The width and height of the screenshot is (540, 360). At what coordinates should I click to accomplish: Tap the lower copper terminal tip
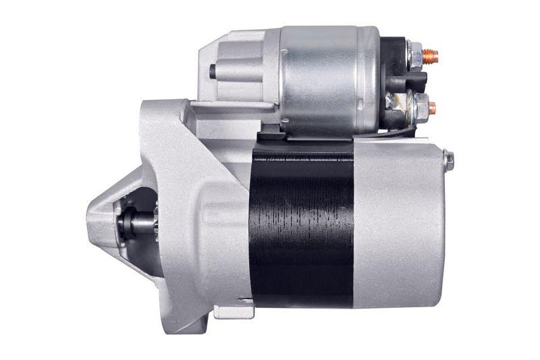(432, 107)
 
